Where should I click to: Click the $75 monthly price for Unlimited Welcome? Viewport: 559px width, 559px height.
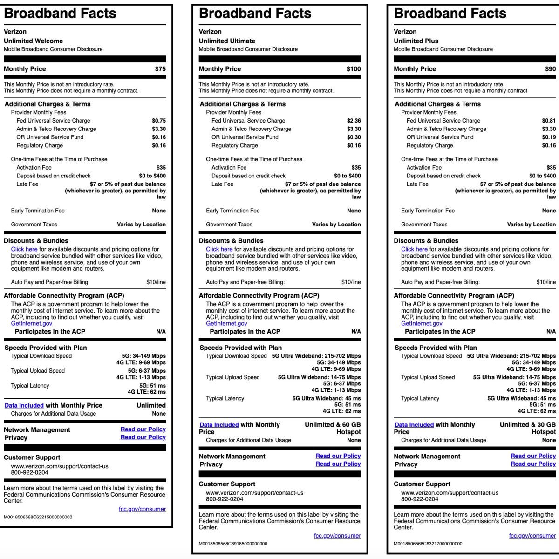(160, 69)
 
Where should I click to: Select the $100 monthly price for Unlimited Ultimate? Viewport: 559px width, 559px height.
(354, 69)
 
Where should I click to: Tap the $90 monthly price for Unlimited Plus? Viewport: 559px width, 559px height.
(550, 69)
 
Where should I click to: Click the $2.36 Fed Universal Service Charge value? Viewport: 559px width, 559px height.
(354, 121)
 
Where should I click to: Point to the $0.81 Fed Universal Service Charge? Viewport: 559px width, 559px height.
(549, 121)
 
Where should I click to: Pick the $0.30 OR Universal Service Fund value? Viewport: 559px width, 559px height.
(354, 137)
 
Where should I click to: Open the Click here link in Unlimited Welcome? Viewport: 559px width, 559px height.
(24, 249)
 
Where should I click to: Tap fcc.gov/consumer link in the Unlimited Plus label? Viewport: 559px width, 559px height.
(532, 536)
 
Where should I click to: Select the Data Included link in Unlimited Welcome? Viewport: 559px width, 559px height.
(24, 406)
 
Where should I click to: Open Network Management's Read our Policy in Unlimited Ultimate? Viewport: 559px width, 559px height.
(338, 456)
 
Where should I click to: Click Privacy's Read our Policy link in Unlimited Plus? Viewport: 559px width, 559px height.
(533, 464)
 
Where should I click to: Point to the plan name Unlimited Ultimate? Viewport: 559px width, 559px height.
(227, 41)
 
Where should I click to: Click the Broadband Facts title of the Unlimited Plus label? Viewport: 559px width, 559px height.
(450, 14)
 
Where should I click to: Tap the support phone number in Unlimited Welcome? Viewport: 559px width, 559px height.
(30, 472)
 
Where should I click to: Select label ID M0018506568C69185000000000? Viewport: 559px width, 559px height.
(233, 544)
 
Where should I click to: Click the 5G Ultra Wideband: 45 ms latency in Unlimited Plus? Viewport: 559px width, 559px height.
(521, 399)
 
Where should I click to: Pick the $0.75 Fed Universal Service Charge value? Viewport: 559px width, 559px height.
(159, 121)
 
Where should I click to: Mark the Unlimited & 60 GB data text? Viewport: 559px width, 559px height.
(333, 425)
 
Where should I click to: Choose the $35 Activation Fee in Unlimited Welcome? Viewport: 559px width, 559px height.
(161, 168)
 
